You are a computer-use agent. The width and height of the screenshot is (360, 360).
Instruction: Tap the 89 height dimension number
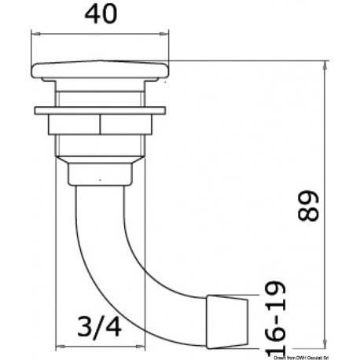pyautogui.click(x=310, y=208)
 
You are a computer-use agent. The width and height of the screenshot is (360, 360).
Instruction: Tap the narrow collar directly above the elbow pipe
pyautogui.click(x=102, y=171)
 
